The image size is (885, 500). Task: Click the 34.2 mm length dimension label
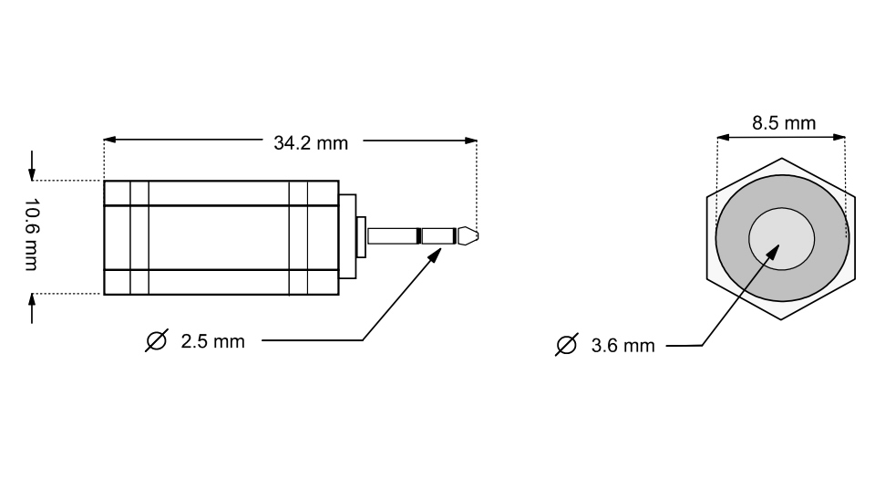coord(311,143)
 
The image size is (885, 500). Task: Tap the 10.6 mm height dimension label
coord(32,234)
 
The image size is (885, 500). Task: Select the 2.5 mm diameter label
coord(212,341)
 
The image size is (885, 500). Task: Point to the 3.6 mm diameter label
coord(623,345)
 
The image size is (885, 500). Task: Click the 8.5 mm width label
coord(784,122)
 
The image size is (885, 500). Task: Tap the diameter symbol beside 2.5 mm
coord(157,340)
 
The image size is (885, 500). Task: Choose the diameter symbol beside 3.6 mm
coord(567,345)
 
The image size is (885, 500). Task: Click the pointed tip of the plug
coord(478,235)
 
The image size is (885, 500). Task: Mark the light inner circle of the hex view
coord(782,239)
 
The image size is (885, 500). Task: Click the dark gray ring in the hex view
coord(732,238)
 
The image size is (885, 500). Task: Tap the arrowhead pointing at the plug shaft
coord(435,256)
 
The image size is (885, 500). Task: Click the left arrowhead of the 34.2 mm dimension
coord(110,140)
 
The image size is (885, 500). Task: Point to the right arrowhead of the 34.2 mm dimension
coord(470,141)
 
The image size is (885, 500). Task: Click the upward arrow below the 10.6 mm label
coord(32,308)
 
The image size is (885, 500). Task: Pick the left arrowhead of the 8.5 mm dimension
coord(723,137)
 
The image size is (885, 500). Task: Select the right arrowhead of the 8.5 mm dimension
coord(839,137)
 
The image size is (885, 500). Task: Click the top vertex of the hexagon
coord(782,158)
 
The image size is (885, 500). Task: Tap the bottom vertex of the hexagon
coord(781,319)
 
